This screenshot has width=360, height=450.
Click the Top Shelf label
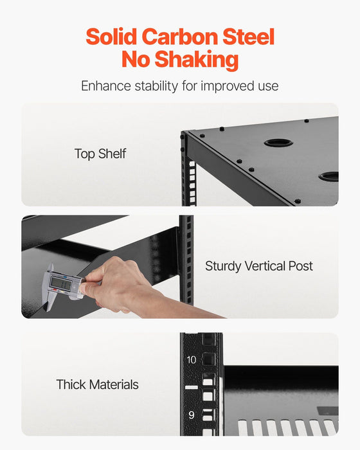tap(100, 154)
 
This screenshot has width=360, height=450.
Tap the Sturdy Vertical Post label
tap(259, 266)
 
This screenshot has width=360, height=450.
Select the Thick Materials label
tap(97, 385)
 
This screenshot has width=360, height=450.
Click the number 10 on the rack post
tap(192, 360)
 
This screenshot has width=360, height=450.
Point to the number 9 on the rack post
tap(192, 415)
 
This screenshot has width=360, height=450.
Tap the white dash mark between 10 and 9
tap(192, 388)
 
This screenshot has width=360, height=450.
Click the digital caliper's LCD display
tap(60, 282)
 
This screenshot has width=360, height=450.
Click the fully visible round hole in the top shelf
tap(278, 142)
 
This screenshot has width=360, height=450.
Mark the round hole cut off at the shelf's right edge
tap(330, 175)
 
